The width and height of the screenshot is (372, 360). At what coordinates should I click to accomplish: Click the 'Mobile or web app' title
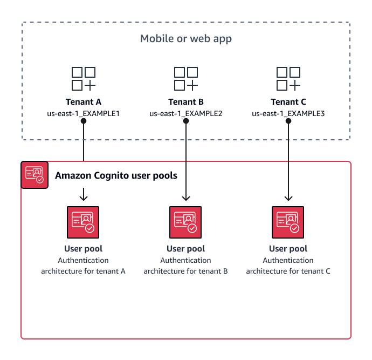point(186,39)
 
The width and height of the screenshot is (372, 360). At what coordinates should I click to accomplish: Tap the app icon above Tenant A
point(84,78)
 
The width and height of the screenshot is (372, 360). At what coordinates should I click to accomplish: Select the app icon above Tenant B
point(186,78)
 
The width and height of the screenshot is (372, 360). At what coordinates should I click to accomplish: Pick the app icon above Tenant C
point(288,78)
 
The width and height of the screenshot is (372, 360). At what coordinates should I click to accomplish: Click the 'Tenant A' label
point(84,101)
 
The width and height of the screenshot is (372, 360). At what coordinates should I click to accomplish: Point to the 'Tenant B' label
point(186,101)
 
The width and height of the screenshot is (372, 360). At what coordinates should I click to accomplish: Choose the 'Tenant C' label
point(288,101)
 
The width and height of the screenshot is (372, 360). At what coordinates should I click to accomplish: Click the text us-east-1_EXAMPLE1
point(84,113)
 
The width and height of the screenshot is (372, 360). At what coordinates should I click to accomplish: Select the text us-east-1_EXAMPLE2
point(186,113)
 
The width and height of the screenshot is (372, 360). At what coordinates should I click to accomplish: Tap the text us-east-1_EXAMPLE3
point(288,113)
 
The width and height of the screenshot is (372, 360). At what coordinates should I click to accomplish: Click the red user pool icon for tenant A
point(84,222)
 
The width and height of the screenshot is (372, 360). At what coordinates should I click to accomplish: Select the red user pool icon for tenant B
point(186,222)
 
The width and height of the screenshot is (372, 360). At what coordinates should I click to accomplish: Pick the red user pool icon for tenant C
point(288,222)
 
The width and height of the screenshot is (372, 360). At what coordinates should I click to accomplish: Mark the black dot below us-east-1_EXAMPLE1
point(84,121)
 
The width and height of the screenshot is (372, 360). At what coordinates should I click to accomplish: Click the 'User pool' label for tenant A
point(84,249)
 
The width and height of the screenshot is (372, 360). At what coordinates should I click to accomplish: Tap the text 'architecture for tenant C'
point(288,271)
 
